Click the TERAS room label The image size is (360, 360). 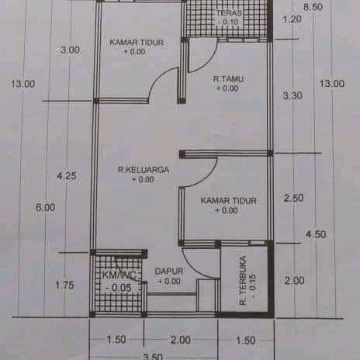click(229, 12)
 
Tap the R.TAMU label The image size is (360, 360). click(228, 78)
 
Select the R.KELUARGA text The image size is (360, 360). click(144, 170)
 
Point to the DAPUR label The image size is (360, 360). click(169, 271)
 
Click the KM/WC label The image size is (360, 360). click(119, 275)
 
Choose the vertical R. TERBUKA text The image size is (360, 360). click(243, 280)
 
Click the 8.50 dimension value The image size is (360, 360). click(313, 7)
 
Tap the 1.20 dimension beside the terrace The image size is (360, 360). click(292, 19)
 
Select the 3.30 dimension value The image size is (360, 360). click(292, 95)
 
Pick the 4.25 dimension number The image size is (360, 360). click(67, 176)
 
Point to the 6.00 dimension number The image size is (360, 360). click(46, 207)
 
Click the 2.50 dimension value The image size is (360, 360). click(294, 198)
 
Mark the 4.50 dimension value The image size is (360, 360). click(316, 234)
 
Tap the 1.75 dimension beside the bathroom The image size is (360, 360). click(64, 286)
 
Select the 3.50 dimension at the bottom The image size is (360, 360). click(153, 357)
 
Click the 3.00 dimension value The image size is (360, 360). click(70, 50)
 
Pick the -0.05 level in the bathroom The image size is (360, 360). click(119, 288)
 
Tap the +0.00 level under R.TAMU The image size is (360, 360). click(227, 88)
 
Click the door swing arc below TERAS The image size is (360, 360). click(209, 61)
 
